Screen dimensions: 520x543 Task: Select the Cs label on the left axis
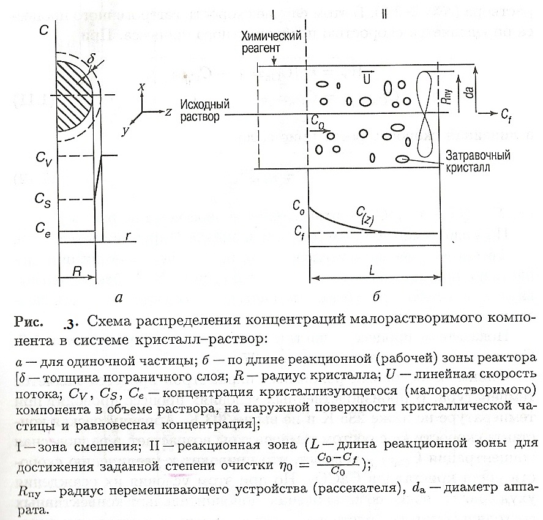coord(43,199)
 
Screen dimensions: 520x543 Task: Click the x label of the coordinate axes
coord(141,87)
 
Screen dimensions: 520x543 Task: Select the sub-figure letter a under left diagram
coord(119,298)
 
